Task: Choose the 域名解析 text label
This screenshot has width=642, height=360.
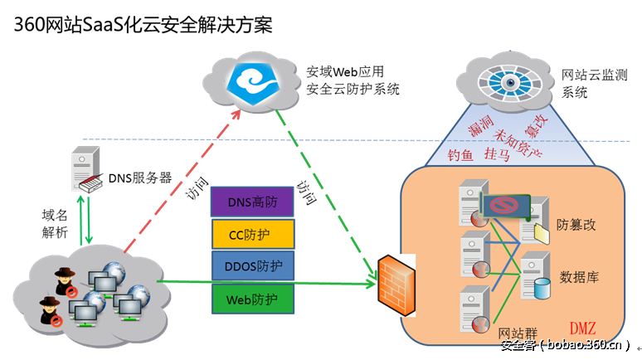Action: [55, 224]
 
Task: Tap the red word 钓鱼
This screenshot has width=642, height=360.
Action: [463, 155]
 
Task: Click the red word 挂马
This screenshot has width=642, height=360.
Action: [497, 155]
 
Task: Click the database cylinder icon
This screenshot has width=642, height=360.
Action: [542, 287]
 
